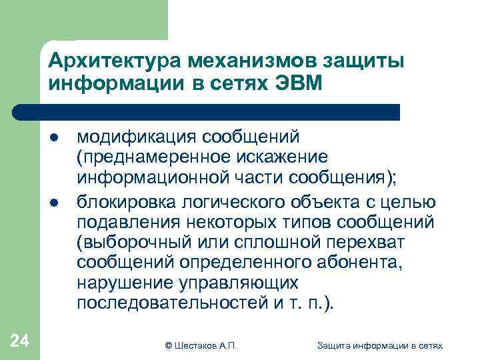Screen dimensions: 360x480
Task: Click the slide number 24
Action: [20, 341]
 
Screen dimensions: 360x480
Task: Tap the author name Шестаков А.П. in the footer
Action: [206, 345]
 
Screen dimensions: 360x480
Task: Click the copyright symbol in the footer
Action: [168, 345]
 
